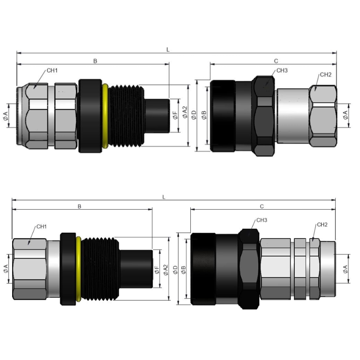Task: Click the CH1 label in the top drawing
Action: tap(52, 71)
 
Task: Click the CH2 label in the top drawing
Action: tap(325, 75)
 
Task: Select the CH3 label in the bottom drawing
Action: tap(262, 220)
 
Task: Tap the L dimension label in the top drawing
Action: tap(168, 49)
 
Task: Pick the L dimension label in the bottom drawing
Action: tap(164, 197)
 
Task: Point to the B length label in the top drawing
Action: tap(95, 61)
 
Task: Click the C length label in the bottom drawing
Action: tap(262, 207)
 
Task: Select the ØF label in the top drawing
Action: tap(175, 115)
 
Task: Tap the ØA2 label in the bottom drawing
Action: tap(166, 270)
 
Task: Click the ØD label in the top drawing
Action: tap(194, 115)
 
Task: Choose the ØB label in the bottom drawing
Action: tap(184, 270)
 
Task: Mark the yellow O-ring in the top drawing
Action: tap(105, 116)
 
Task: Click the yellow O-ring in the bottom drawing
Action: tap(78, 269)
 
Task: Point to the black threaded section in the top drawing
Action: tap(126, 116)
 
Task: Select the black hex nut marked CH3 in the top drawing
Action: tap(264, 116)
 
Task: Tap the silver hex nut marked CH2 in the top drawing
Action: tap(323, 116)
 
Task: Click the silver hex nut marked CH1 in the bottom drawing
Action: tap(29, 269)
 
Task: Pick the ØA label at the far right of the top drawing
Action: tap(345, 115)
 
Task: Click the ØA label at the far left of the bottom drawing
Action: tap(5, 269)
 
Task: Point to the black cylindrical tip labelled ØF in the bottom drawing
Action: tap(136, 269)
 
